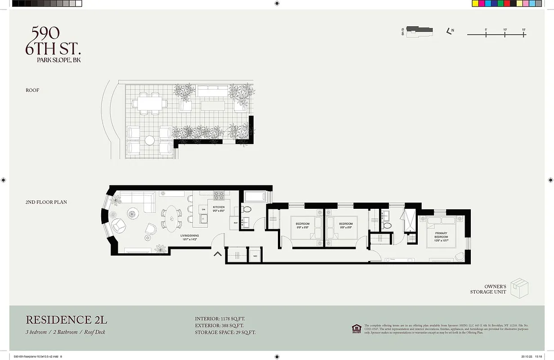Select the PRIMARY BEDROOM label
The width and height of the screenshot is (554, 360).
[x=441, y=235]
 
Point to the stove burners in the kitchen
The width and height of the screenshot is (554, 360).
[x=219, y=196]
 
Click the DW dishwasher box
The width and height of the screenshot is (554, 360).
[x=203, y=210]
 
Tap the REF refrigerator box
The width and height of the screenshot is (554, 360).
[x=235, y=222]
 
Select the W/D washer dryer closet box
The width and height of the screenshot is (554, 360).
[x=255, y=256]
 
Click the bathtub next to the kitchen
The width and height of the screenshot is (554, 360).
[x=256, y=197]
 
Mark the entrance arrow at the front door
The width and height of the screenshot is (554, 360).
[x=218, y=254]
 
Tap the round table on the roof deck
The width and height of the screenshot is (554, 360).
[x=149, y=140]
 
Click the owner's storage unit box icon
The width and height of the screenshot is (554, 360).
[x=519, y=288]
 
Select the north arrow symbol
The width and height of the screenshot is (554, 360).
[x=448, y=31]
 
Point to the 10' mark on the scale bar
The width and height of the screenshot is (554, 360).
[x=505, y=34]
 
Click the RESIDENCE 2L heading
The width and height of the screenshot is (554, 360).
[x=66, y=320]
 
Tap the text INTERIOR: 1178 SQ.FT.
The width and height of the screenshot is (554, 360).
[x=220, y=319]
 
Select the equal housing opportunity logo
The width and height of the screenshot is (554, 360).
[x=356, y=328]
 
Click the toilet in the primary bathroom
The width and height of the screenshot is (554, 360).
[x=388, y=225]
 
